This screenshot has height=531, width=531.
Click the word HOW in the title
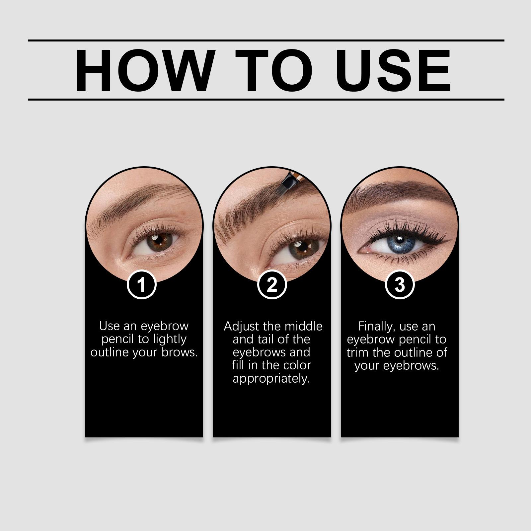tap(144, 70)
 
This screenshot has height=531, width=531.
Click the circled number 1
tap(142, 285)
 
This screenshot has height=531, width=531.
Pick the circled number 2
tap(272, 285)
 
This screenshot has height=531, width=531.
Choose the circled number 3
tap(400, 285)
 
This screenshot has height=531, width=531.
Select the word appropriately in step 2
tap(271, 379)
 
